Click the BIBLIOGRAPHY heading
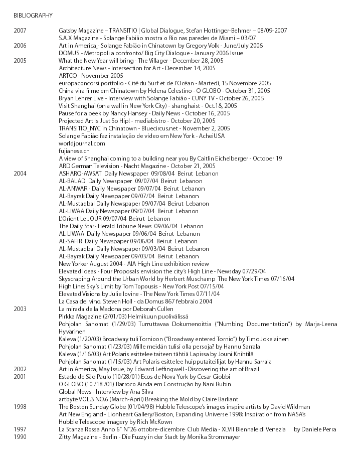33,16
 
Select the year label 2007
20,31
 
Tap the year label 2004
20,174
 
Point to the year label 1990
20,437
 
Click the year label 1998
20,407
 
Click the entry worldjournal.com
82,143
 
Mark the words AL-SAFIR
71,241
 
